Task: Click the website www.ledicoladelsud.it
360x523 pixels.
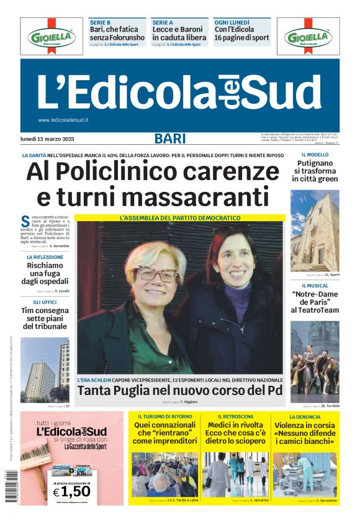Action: pyautogui.click(x=63, y=120)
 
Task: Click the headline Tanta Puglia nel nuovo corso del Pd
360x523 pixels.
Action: pyautogui.click(x=180, y=391)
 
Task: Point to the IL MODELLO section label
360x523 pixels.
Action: pyautogui.click(x=315, y=155)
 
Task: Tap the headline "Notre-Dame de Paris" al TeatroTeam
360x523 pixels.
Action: pyautogui.click(x=315, y=301)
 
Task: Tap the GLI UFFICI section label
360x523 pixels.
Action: pyautogui.click(x=45, y=302)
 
